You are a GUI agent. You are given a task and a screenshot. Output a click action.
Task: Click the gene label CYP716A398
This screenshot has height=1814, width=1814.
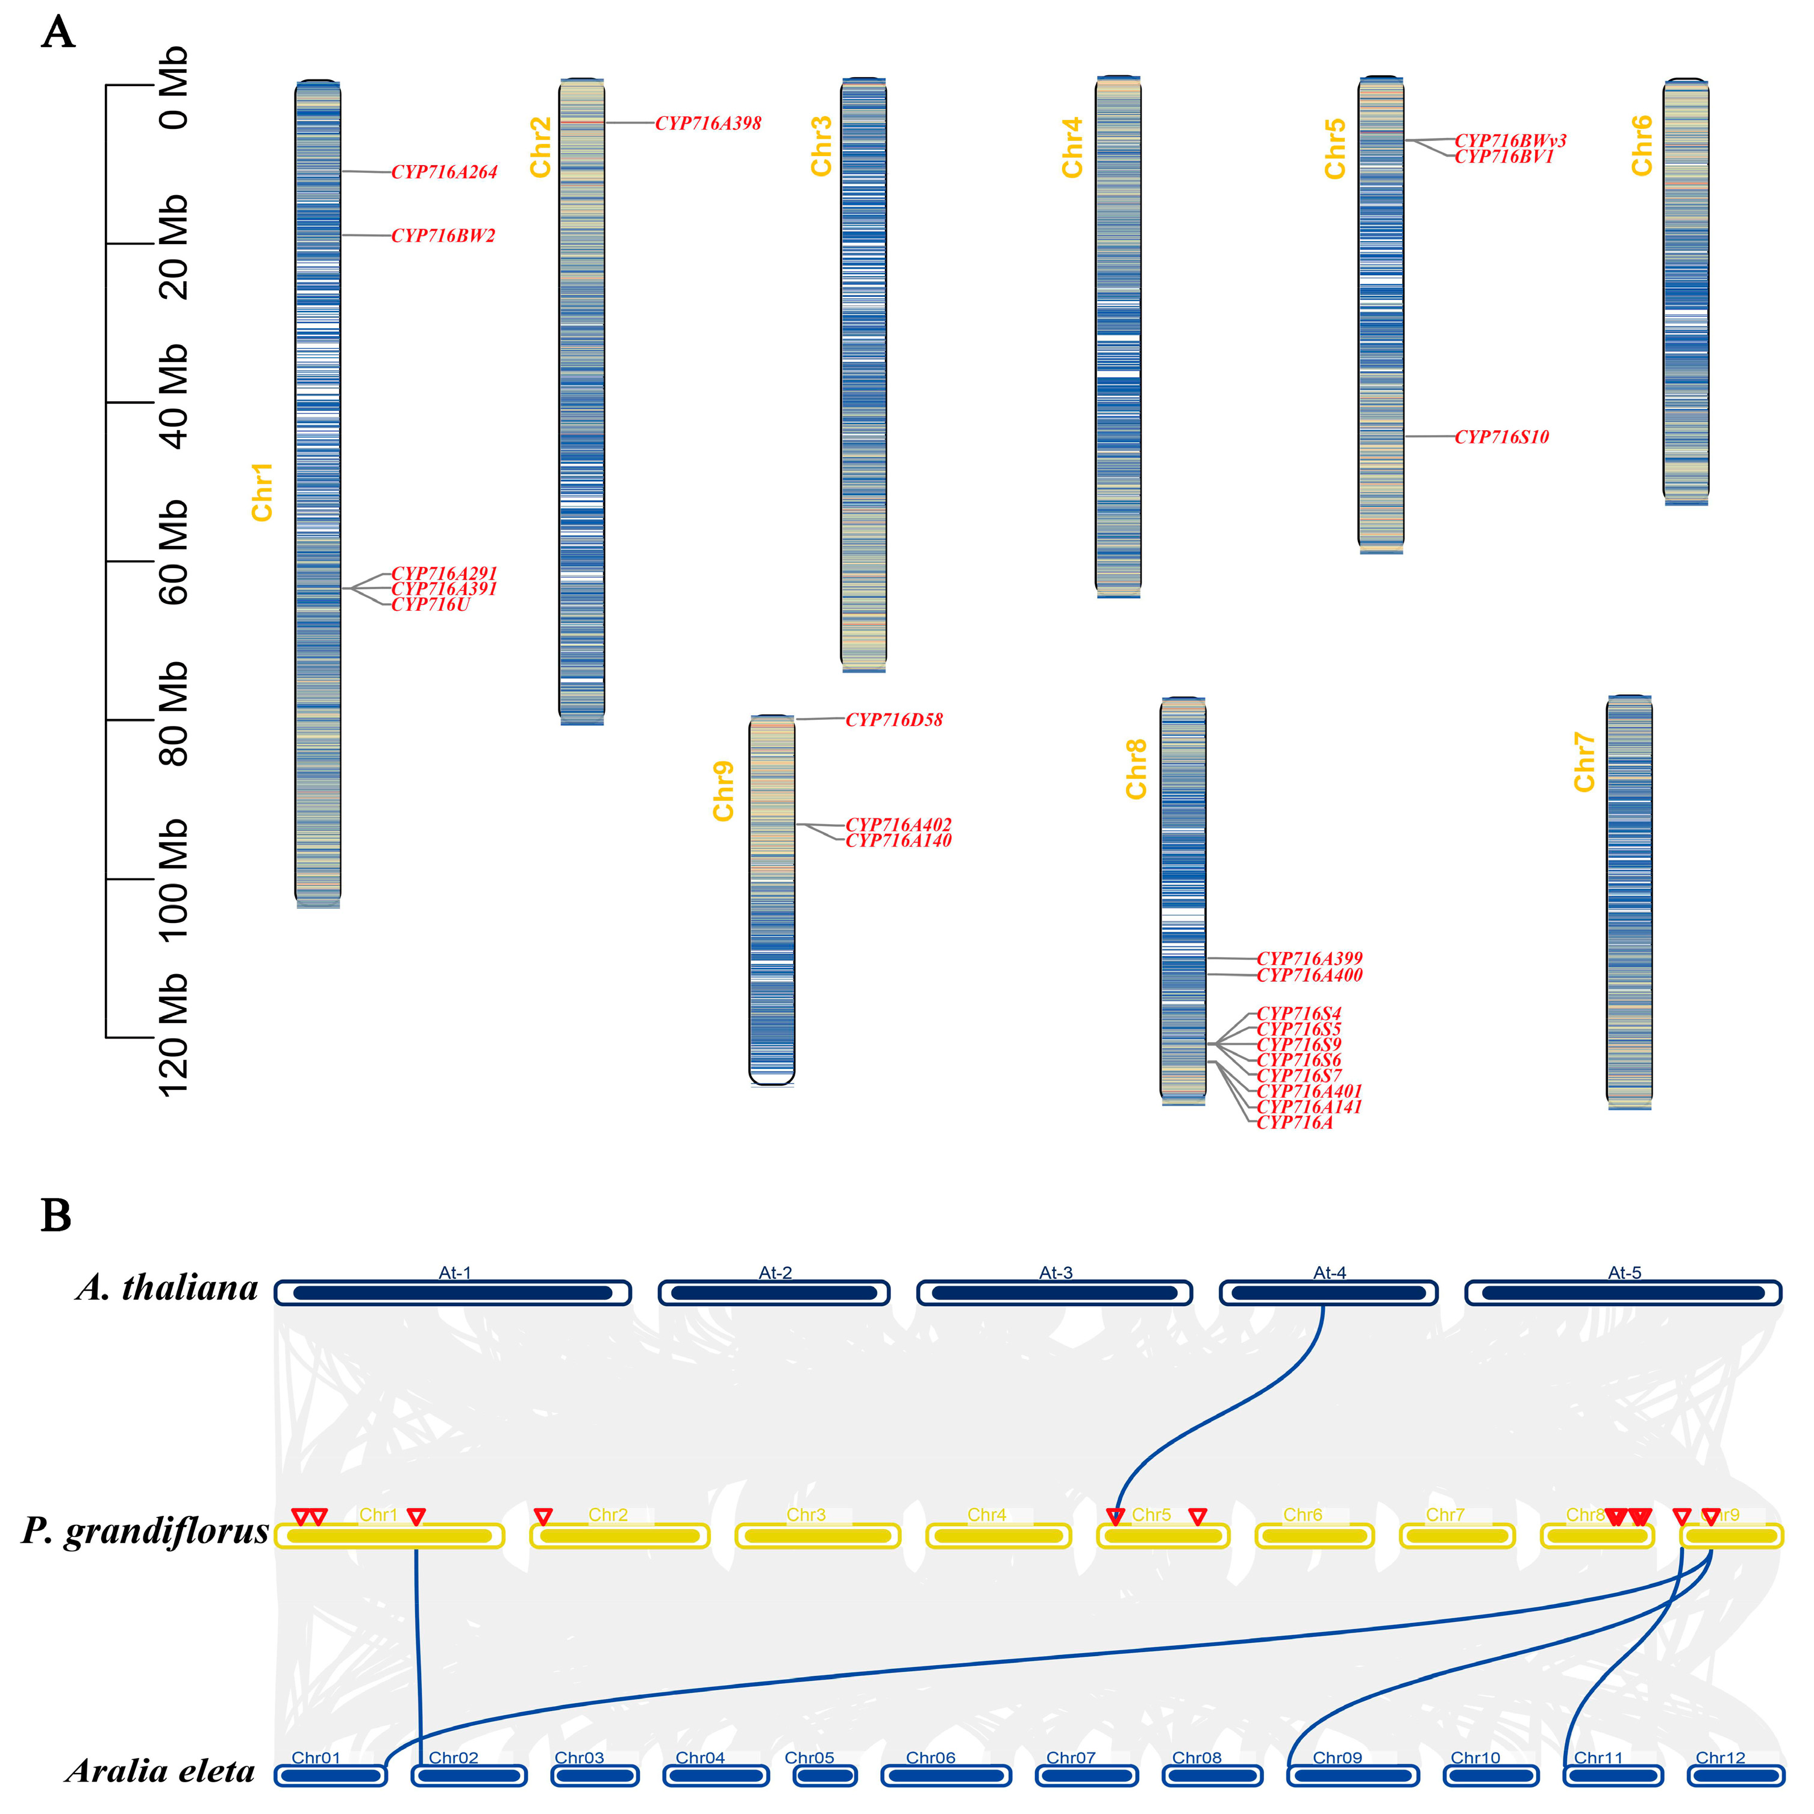tap(708, 123)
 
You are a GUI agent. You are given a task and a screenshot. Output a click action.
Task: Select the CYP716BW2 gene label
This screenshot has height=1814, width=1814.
tap(443, 236)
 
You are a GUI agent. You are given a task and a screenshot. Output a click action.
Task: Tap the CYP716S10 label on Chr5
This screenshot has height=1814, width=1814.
tap(1501, 437)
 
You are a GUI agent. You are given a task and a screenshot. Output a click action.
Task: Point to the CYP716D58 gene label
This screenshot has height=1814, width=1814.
tap(894, 720)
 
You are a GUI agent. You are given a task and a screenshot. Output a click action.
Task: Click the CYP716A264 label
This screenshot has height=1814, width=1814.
tap(444, 172)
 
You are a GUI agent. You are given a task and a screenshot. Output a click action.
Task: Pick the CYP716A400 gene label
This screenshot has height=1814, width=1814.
tap(1310, 975)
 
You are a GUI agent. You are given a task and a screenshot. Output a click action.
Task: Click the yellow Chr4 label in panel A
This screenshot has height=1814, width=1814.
tap(1072, 148)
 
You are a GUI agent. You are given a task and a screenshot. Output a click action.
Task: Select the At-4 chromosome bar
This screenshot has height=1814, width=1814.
tap(1328, 1293)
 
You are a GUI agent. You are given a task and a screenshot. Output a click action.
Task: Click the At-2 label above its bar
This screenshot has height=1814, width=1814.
tap(775, 1272)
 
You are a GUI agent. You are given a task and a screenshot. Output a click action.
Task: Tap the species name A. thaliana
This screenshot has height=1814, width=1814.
tap(167, 1287)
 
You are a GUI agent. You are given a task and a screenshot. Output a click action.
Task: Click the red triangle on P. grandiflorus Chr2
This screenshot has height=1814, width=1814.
tap(543, 1515)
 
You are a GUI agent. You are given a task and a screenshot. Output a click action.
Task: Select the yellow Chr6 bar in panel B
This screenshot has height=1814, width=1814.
tap(1315, 1536)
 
